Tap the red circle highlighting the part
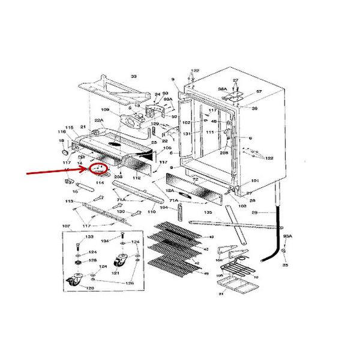click(98, 170)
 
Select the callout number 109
click(105, 110)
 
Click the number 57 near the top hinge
click(259, 92)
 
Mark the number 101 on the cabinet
click(254, 181)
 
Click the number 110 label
click(152, 212)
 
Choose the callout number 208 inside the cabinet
click(224, 154)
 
